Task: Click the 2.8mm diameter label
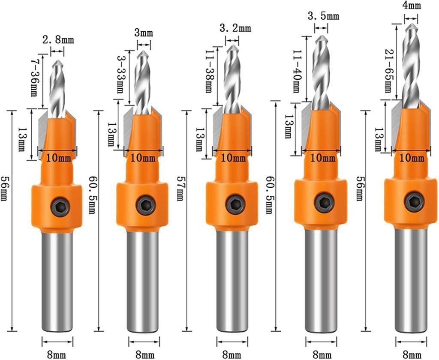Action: (58, 41)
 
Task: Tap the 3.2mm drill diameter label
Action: (235, 29)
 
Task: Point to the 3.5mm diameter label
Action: (323, 17)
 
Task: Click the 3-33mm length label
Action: (121, 77)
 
